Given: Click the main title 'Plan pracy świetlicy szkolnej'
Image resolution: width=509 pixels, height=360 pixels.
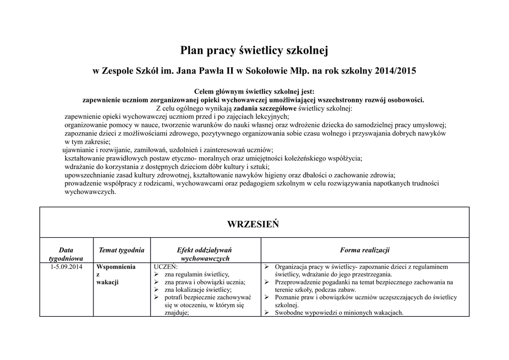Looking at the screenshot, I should point(254,50).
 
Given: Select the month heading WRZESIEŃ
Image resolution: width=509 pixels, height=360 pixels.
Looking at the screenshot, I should point(253,224).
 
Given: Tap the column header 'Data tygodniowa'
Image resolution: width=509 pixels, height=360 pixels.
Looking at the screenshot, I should point(66,254).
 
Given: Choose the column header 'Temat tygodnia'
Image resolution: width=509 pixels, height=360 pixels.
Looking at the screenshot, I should point(122,250).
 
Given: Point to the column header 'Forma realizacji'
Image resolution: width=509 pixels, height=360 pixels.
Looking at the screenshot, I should point(365,250).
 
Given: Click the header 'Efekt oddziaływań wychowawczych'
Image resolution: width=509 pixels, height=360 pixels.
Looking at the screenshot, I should point(204,254).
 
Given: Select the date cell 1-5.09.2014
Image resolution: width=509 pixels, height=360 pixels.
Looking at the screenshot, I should point(66,267).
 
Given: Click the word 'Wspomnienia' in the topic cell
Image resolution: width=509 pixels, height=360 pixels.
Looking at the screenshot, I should point(116,267).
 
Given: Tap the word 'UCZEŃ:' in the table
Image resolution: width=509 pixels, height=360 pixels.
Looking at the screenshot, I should point(166,267).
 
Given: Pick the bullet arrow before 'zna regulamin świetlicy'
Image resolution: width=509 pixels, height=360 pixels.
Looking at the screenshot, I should point(157,274).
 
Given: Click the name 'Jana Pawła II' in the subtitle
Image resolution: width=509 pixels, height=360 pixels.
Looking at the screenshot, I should point(204,71).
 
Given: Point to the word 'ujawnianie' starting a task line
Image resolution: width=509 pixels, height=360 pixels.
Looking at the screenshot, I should point(79,150).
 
